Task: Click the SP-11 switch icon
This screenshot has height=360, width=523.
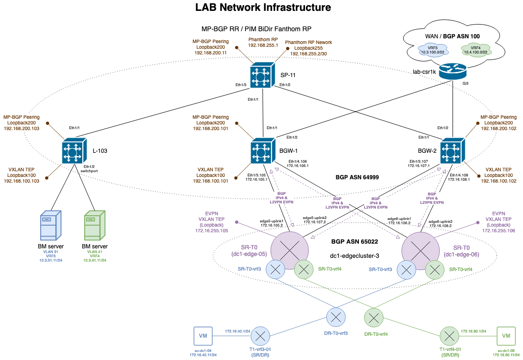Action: (x=261, y=76)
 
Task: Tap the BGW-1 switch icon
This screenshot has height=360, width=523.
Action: (x=261, y=152)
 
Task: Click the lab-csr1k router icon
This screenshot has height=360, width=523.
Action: (x=453, y=71)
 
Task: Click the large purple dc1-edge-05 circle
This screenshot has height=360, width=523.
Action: (x=289, y=249)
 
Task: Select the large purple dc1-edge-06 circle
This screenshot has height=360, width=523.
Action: (x=420, y=249)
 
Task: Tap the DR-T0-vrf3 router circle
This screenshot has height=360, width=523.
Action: (x=336, y=317)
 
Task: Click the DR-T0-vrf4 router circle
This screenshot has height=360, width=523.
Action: (x=374, y=317)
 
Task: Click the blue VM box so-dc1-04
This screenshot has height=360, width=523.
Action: (x=203, y=336)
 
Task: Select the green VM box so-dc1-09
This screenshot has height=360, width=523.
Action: (x=506, y=336)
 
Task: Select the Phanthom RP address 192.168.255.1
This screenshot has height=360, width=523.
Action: (x=263, y=45)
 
